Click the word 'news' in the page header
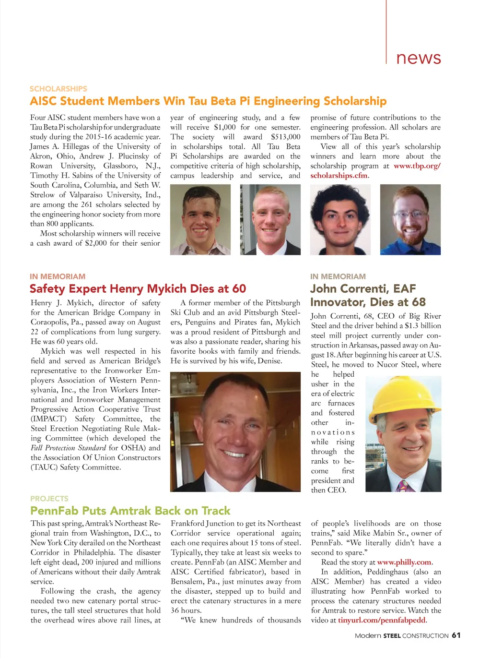pos(418,58)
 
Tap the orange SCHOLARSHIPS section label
pos(58,89)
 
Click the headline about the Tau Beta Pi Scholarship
pos(208,101)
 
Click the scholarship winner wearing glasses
pos(410,220)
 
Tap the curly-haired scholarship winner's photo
pos(340,220)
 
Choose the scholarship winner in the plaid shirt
pos(200,220)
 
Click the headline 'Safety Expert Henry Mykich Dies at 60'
pos(138,289)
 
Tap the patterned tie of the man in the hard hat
pos(403,486)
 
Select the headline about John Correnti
pos(368,295)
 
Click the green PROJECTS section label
pos(49,499)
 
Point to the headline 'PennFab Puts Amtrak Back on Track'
pos(130,511)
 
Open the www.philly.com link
pos(404,562)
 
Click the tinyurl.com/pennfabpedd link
pos(382,620)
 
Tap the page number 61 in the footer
pos(456,635)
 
